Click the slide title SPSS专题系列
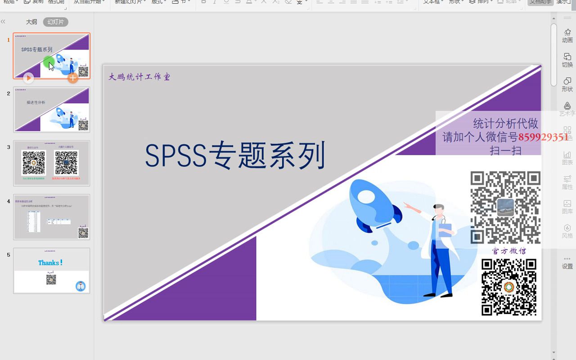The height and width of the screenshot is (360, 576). (235, 156)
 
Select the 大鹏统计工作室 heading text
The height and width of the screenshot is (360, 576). (139, 77)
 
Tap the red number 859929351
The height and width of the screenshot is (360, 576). (543, 137)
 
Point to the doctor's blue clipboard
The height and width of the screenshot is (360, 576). (445, 230)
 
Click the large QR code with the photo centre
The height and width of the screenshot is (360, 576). (505, 207)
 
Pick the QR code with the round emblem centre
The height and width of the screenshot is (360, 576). (509, 287)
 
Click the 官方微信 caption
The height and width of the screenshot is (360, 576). (509, 251)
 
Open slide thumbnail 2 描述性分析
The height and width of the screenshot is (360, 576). (52, 109)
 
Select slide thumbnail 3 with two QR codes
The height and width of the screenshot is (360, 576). (52, 163)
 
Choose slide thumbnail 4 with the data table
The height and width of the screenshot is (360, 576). (52, 217)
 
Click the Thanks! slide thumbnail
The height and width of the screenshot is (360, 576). (52, 270)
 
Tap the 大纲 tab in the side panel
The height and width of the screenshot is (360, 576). (31, 22)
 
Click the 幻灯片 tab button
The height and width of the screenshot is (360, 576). (56, 22)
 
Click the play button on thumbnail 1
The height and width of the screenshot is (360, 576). (28, 78)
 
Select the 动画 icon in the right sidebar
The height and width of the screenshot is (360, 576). (567, 35)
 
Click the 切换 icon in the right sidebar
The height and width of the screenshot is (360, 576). (567, 60)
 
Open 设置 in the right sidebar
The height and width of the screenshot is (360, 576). (567, 263)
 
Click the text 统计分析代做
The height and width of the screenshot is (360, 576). (505, 124)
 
